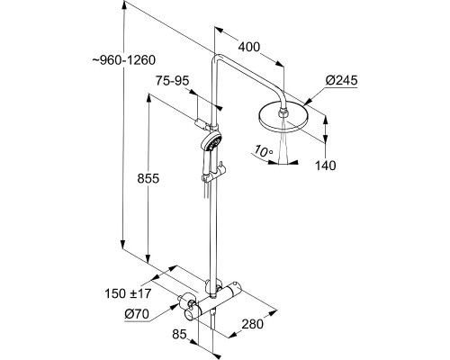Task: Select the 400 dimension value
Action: [x=249, y=47]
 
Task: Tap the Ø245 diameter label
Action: [x=342, y=81]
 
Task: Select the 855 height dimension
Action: [x=148, y=179]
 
